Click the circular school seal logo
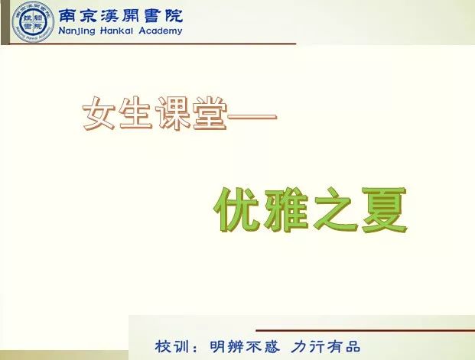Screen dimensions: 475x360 [x=33, y=22]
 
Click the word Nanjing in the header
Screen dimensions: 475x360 [x=76, y=31]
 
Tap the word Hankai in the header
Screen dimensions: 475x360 [x=116, y=31]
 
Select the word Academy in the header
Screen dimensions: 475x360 [x=161, y=31]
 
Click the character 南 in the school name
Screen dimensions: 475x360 [x=67, y=16]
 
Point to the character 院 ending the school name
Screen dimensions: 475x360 [x=174, y=16]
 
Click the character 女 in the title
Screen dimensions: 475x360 [x=99, y=113]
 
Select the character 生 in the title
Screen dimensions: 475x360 [x=135, y=113]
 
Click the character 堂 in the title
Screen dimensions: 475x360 [x=209, y=113]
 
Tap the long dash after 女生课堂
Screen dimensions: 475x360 [x=252, y=117]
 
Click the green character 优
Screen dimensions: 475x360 [x=237, y=209]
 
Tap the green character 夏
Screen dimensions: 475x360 [x=384, y=209]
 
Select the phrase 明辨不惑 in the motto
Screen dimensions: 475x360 [x=245, y=346]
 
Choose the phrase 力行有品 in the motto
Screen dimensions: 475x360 [x=326, y=346]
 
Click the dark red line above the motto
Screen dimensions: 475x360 [x=366, y=330]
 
